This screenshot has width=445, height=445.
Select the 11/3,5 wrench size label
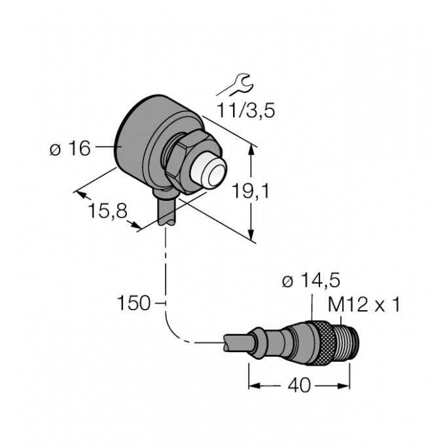coord(246,111)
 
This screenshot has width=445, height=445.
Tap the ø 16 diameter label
coord(70,148)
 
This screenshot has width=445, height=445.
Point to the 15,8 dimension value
coord(107,211)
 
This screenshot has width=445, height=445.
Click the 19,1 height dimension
coord(250,190)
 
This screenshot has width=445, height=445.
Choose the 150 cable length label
coord(133,303)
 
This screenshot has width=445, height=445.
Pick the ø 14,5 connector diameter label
coord(311,281)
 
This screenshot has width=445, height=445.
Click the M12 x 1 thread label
coord(364,304)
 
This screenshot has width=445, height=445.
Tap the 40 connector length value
coord(300,385)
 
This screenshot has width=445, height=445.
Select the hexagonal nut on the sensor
coord(192,162)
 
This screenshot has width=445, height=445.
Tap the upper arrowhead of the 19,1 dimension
coord(251,149)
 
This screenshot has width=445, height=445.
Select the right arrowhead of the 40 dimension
coord(344,385)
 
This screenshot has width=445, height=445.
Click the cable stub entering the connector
coord(238,342)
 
